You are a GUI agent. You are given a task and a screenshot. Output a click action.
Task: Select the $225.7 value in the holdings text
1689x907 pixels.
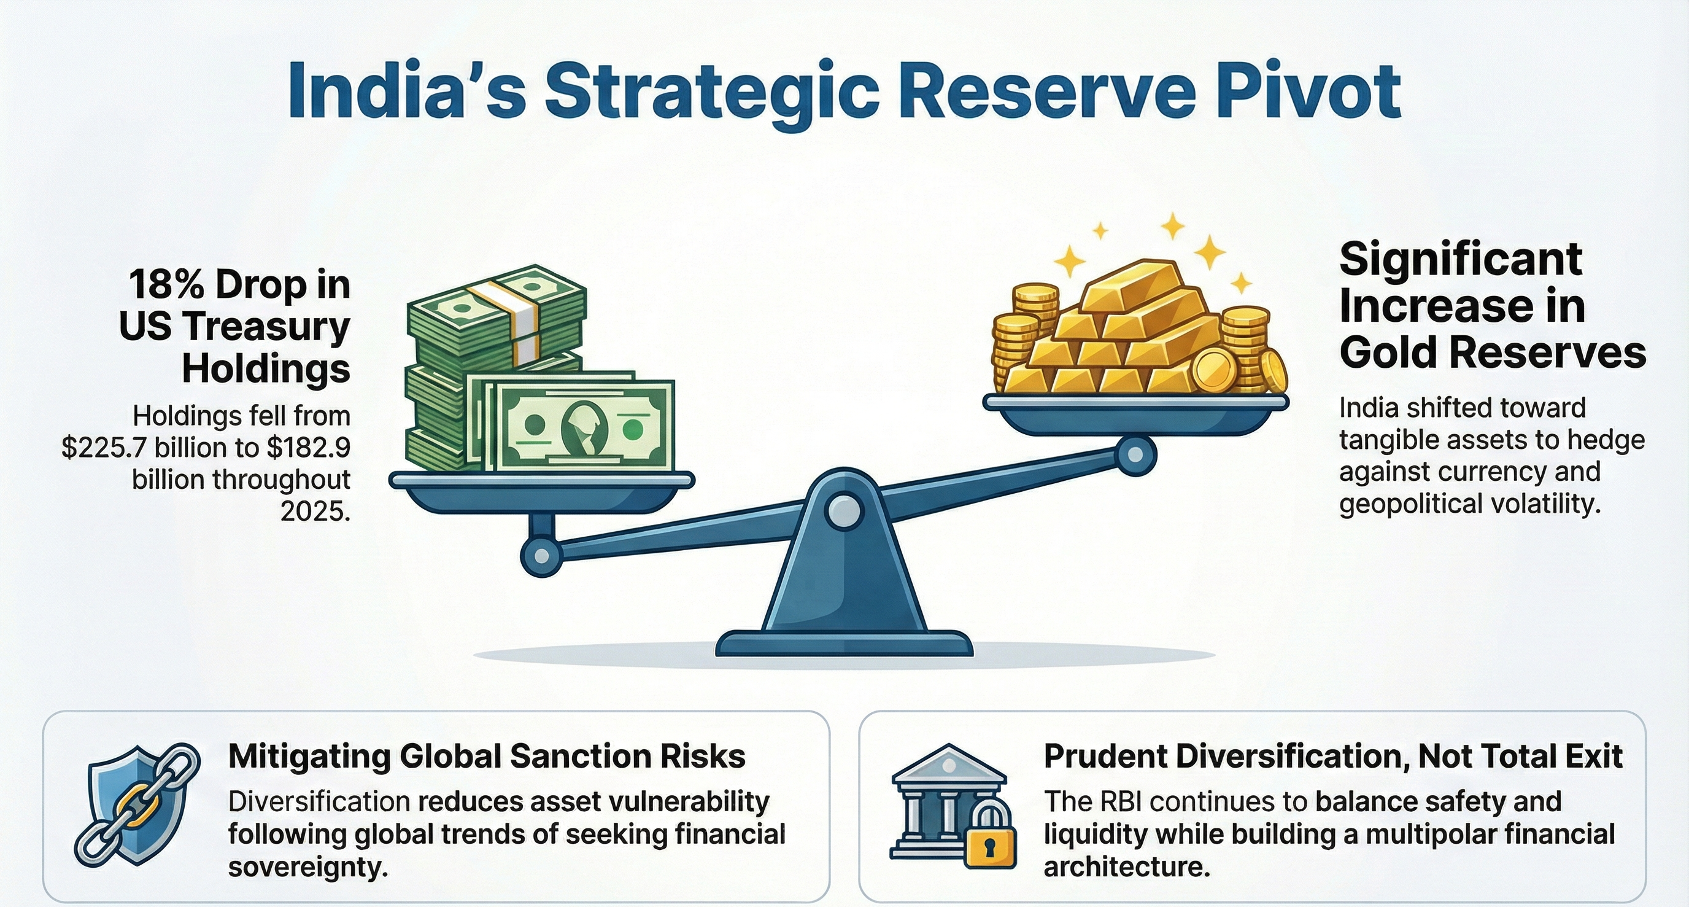pyautogui.click(x=105, y=448)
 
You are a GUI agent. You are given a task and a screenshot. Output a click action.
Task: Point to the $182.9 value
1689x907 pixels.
pyautogui.click(x=308, y=448)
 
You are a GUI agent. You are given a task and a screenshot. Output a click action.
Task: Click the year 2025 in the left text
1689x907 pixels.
pyautogui.click(x=315, y=512)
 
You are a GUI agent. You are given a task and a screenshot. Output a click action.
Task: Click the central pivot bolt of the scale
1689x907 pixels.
pyautogui.click(x=844, y=510)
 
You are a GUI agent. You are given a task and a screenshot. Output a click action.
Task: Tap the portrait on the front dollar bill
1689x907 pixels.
pyautogui.click(x=584, y=427)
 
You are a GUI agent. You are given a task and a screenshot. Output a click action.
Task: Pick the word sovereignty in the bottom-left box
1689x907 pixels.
pyautogui.click(x=305, y=867)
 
